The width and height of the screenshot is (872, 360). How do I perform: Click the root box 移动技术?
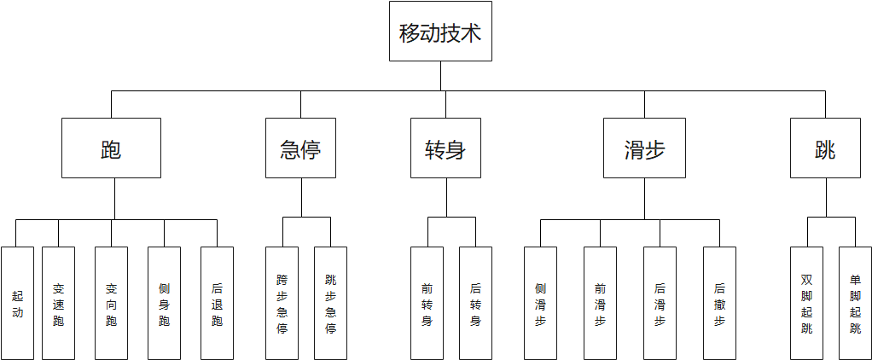point(440,32)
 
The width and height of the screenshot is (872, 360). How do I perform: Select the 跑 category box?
point(111,148)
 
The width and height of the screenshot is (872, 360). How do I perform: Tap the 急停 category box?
point(300,148)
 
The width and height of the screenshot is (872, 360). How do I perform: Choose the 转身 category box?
point(445,148)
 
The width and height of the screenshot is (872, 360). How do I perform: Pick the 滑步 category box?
point(644,148)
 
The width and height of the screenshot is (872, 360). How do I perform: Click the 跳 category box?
point(825,148)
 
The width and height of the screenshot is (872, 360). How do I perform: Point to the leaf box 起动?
point(18,303)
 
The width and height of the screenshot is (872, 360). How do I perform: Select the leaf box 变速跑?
point(58,303)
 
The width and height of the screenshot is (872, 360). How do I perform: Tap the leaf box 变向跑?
point(111,303)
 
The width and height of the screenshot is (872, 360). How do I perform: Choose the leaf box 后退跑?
point(217,303)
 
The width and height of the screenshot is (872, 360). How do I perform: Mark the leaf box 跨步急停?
point(282,303)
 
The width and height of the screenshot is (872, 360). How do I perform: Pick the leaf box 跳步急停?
point(331,303)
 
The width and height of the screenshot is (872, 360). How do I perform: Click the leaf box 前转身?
point(427,303)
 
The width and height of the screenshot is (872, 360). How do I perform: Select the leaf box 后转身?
point(475,303)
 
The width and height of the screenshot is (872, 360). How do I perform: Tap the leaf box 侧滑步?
point(540,303)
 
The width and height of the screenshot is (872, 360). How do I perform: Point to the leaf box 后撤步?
point(719,303)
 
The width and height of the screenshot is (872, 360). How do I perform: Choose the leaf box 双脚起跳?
point(807,303)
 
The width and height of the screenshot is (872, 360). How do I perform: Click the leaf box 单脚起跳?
point(855,303)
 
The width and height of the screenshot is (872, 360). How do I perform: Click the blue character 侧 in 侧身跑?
point(164,288)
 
